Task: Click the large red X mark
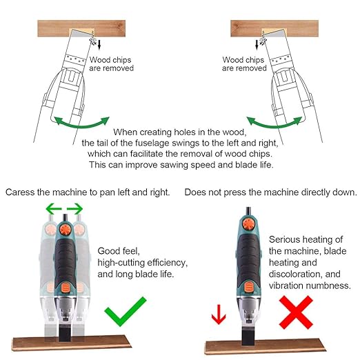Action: [x=296, y=312]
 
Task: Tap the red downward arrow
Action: [x=219, y=314]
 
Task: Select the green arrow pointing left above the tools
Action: [x=54, y=209]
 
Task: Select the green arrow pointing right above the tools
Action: [x=74, y=209]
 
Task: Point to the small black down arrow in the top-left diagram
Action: [x=99, y=45]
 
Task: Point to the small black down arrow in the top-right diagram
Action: [x=257, y=45]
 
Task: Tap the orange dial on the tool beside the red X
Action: [x=248, y=223]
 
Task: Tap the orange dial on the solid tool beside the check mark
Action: [x=65, y=229]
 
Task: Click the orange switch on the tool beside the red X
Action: [x=249, y=288]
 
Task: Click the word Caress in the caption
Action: [x=20, y=192]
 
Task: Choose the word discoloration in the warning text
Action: [x=296, y=274]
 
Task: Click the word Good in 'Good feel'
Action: [x=107, y=251]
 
